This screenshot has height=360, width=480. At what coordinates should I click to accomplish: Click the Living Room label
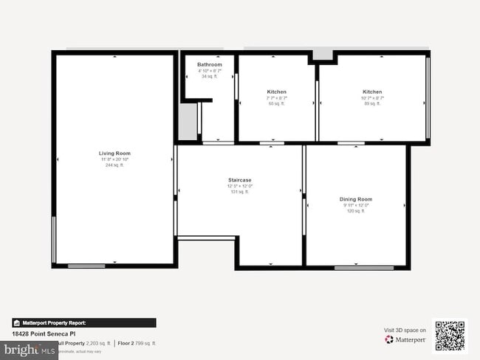pos(114,153)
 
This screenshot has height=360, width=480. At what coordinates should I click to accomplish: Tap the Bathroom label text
pos(209,64)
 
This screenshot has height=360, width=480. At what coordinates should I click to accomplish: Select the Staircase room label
pos(239,179)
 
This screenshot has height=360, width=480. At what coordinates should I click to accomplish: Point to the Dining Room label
pos(355,199)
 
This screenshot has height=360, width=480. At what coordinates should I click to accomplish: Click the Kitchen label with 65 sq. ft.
pos(276,91)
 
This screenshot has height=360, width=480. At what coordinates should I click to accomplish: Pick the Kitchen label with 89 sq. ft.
pos(372,91)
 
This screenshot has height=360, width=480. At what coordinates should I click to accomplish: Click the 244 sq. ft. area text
pos(114,165)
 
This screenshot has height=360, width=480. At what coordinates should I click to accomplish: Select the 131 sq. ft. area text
pos(239,191)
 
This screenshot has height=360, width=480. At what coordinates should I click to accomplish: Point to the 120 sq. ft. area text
pos(355,211)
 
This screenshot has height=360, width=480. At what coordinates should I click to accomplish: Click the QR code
pos(450,336)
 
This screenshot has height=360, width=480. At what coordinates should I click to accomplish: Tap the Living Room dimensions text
pos(114,159)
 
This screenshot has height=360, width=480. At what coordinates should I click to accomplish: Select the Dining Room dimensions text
pos(355,205)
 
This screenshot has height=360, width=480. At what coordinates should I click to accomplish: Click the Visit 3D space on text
pos(405,330)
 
